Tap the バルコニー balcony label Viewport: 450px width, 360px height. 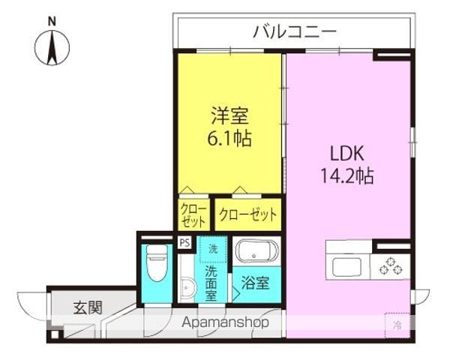pyautogui.click(x=295, y=31)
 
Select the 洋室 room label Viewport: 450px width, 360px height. pyautogui.click(x=229, y=115)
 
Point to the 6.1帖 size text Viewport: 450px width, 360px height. pyautogui.click(x=229, y=138)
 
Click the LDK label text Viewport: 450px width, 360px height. pyautogui.click(x=347, y=153)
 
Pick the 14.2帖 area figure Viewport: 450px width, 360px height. pyautogui.click(x=347, y=175)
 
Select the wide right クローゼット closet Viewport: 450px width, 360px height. pyautogui.click(x=248, y=214)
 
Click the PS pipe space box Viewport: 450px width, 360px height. pyautogui.click(x=184, y=243)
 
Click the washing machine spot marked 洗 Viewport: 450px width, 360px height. pyautogui.click(x=213, y=249)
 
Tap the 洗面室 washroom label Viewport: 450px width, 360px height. pyautogui.click(x=211, y=283)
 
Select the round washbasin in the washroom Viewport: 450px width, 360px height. pyautogui.click(x=188, y=287)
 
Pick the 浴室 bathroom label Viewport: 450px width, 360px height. pyautogui.click(x=256, y=283)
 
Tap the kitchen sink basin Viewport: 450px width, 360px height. pyautogui.click(x=346, y=267)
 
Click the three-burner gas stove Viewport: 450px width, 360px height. pyautogui.click(x=390, y=266)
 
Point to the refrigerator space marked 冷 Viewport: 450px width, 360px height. pyautogui.click(x=397, y=325)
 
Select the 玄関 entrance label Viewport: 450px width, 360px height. pyautogui.click(x=88, y=307)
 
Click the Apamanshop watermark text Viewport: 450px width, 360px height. pyautogui.click(x=226, y=322)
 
